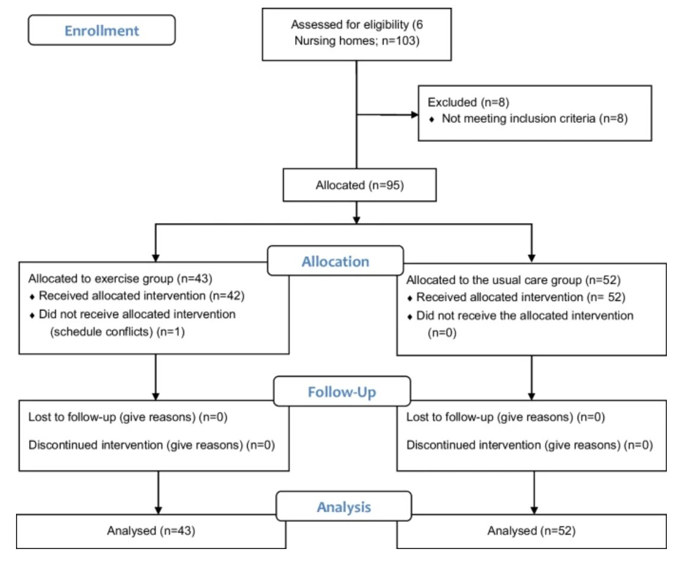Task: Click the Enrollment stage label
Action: [102, 30]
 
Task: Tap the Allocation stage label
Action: [335, 261]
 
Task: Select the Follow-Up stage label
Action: [342, 392]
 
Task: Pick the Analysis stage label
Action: [344, 507]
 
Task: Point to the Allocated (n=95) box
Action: [359, 185]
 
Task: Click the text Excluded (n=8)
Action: [468, 103]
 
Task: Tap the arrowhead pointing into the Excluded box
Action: [414, 115]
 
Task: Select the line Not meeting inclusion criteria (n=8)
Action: [534, 118]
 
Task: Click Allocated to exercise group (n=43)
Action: [120, 278]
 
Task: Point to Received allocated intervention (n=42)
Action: [142, 296]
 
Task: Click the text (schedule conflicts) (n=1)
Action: [117, 331]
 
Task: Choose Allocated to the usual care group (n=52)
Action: [513, 280]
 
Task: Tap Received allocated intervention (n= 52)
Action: [521, 297]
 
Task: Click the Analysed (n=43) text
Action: [151, 531]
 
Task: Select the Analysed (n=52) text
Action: [531, 531]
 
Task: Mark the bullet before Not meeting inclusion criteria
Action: [432, 119]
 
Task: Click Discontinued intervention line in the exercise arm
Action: [151, 445]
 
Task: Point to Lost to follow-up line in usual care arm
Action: [505, 417]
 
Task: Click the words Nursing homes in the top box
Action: [335, 41]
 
